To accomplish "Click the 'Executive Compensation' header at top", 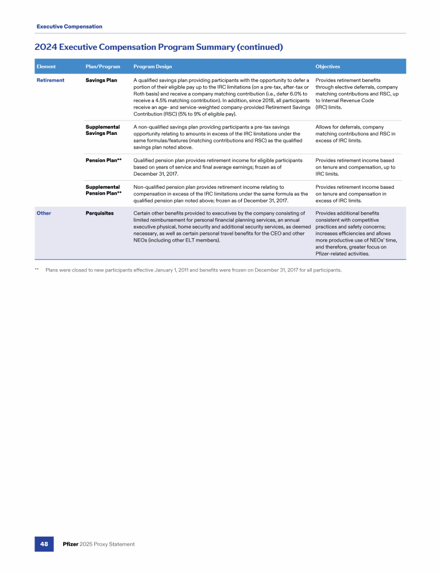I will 69,26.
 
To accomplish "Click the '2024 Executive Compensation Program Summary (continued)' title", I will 158,46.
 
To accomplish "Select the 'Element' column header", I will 46,67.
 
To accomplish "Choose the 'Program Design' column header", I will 152,67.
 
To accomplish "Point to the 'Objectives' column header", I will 328,67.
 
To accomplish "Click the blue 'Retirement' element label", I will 51,80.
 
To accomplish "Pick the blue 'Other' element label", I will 44,213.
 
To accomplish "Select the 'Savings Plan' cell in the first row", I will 101,80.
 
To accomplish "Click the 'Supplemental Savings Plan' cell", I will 102,130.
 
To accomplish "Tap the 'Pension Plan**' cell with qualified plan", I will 103,160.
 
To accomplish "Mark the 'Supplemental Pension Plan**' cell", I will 103,190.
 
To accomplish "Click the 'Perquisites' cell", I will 99,213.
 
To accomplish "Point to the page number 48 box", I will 44,544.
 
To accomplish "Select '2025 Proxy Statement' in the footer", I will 108,544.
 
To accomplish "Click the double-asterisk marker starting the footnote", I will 37,269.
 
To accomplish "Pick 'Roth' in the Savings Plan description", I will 140,94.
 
